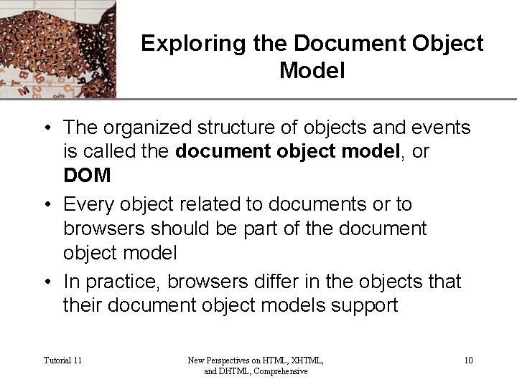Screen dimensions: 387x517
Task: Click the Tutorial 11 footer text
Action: [62, 360]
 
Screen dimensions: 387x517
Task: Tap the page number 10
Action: [467, 360]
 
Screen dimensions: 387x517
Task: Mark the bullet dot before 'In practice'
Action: [45, 282]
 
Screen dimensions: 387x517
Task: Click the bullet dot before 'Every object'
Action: [45, 205]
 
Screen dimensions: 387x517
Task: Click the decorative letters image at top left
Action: [57, 49]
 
